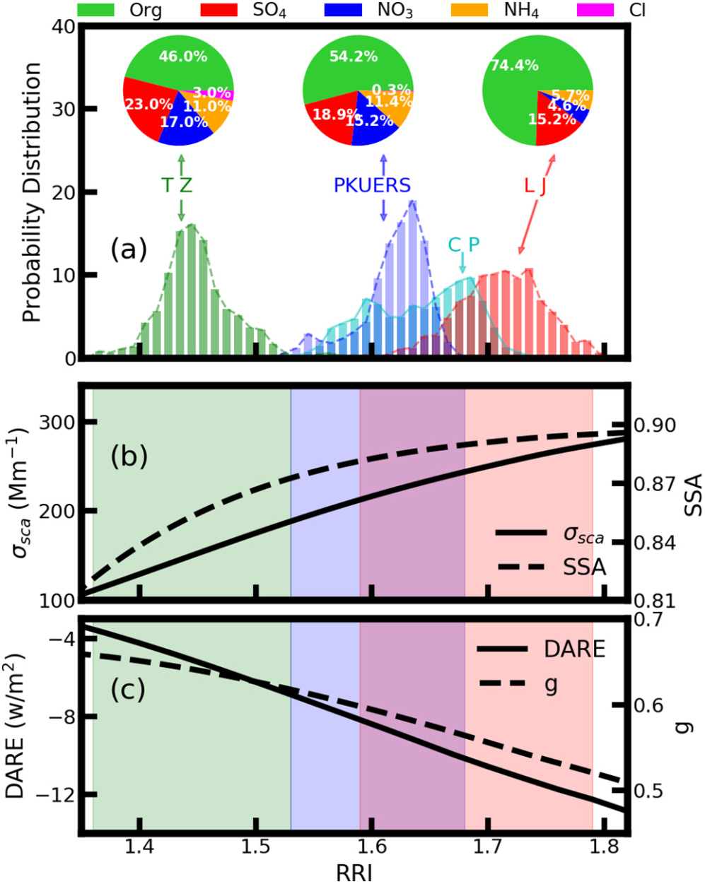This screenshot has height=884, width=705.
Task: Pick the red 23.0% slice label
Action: (149, 103)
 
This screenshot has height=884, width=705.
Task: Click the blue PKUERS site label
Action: (372, 185)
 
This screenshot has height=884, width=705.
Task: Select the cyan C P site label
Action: (463, 244)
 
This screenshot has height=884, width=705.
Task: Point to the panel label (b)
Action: (129, 456)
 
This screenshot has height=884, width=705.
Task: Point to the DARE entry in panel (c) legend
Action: (577, 649)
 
